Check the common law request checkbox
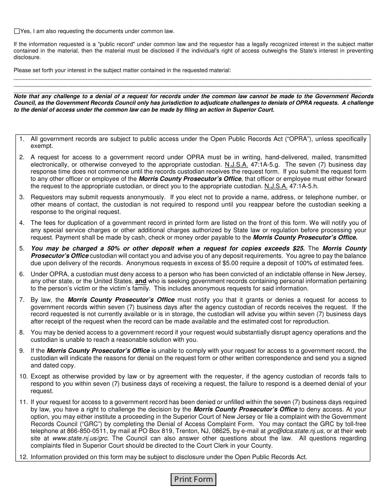coord(17,31)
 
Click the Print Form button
coord(193,479)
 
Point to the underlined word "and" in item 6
coord(141,281)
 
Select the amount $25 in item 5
coord(298,248)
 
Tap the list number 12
coord(23,457)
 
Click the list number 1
coord(22,139)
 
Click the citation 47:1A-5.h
coord(303,186)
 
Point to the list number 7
coord(22,300)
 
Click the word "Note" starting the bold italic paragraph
coord(21,97)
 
